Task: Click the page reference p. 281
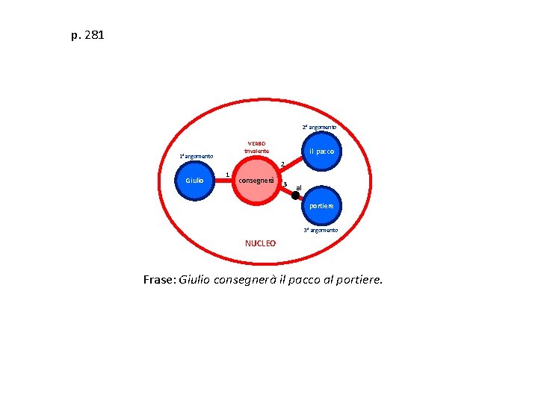click(87, 35)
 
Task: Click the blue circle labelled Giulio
click(195, 180)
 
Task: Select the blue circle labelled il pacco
click(322, 151)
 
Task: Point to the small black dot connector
click(296, 196)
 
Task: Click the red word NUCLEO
click(260, 243)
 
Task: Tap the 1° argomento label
click(196, 157)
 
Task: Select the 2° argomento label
click(319, 128)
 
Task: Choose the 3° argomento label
click(321, 231)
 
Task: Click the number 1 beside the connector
click(227, 175)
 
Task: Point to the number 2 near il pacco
click(282, 164)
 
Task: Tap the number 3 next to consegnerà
click(285, 184)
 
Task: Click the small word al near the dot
click(299, 187)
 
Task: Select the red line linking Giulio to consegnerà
click(223, 181)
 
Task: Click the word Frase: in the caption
click(160, 281)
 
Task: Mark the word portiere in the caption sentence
click(358, 281)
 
